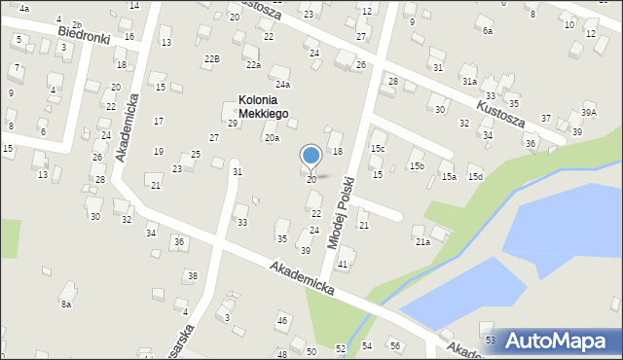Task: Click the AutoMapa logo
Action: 562,340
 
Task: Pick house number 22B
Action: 211,58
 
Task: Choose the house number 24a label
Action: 282,85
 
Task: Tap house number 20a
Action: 272,138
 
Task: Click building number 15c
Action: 378,148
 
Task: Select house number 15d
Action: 475,176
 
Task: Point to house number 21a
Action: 422,241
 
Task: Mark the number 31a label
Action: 469,82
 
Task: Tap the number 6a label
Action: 487,31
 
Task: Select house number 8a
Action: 66,305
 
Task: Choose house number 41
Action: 342,265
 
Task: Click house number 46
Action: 282,320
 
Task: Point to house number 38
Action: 192,275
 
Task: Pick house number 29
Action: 233,123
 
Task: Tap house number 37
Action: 546,118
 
